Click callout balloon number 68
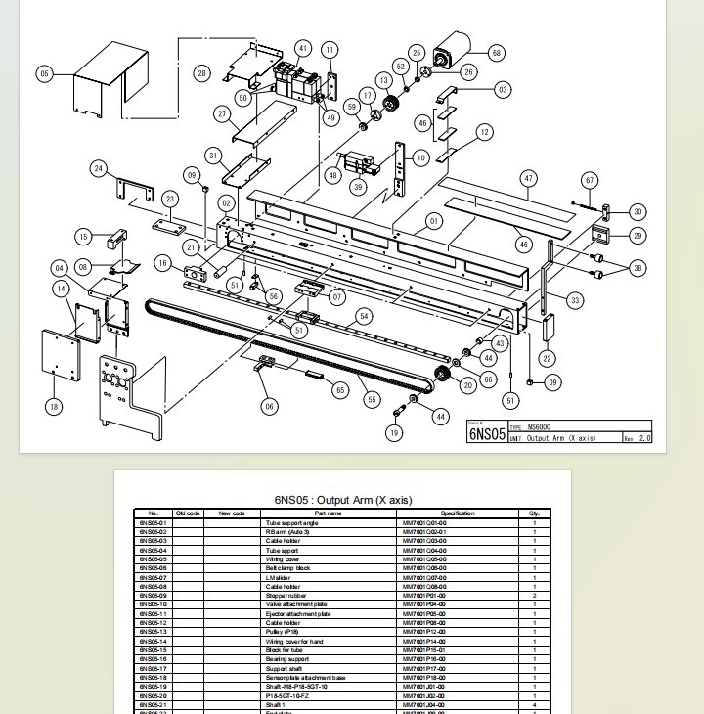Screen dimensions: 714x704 point(496,53)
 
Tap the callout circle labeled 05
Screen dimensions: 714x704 point(45,73)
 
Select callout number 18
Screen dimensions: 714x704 point(54,406)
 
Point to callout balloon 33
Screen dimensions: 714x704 point(575,300)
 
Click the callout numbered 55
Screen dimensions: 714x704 point(372,399)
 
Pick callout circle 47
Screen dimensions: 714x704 point(529,178)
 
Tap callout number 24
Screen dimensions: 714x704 point(99,169)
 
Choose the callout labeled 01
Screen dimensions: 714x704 point(432,221)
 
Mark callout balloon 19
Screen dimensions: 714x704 point(394,432)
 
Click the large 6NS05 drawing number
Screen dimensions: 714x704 point(487,434)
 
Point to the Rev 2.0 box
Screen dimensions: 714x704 point(637,437)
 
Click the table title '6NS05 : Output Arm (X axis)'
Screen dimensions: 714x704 point(342,500)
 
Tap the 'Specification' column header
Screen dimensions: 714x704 point(457,513)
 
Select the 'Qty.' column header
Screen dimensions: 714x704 point(534,513)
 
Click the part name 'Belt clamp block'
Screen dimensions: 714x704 point(287,568)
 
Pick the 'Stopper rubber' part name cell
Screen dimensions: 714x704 point(286,596)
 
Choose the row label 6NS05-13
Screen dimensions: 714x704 point(153,632)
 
